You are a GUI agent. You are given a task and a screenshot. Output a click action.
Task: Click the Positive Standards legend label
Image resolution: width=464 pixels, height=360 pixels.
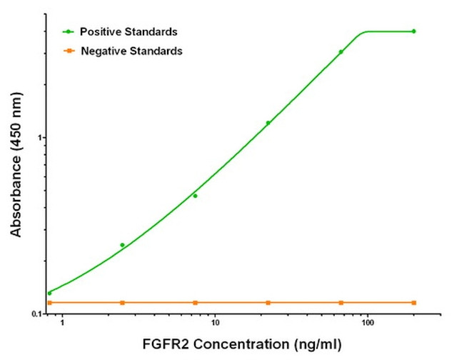click(x=128, y=32)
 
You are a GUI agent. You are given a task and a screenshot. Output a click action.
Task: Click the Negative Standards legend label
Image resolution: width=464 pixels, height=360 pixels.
click(x=131, y=51)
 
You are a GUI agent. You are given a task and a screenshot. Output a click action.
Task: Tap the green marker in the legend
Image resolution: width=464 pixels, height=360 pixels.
click(x=69, y=32)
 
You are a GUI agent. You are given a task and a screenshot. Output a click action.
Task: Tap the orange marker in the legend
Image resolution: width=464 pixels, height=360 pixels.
click(x=69, y=51)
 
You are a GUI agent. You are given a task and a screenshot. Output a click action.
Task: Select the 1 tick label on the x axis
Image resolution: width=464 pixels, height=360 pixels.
click(x=62, y=324)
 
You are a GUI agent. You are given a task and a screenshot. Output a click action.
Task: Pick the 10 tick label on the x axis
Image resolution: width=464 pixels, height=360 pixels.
click(x=214, y=324)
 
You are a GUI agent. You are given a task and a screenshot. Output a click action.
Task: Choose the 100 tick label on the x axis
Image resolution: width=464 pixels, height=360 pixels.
click(x=368, y=324)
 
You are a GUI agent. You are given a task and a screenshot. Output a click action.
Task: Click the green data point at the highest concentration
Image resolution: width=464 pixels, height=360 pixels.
click(x=414, y=31)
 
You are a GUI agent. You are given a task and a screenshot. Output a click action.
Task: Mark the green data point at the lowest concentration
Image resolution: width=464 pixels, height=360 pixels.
click(x=49, y=293)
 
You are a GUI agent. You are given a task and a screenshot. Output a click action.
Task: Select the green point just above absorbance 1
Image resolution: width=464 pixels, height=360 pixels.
click(x=268, y=123)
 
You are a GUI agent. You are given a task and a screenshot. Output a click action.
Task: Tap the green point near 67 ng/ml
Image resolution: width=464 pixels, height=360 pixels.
click(x=341, y=52)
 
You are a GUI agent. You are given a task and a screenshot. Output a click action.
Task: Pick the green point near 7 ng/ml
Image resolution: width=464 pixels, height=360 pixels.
click(x=195, y=196)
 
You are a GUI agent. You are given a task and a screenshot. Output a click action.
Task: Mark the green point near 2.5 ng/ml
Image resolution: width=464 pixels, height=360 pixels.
click(x=122, y=245)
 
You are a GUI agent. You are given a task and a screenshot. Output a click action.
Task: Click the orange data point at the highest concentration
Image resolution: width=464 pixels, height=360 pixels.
click(x=414, y=303)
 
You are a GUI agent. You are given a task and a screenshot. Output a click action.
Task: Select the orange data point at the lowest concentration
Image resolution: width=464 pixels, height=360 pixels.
click(x=49, y=303)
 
